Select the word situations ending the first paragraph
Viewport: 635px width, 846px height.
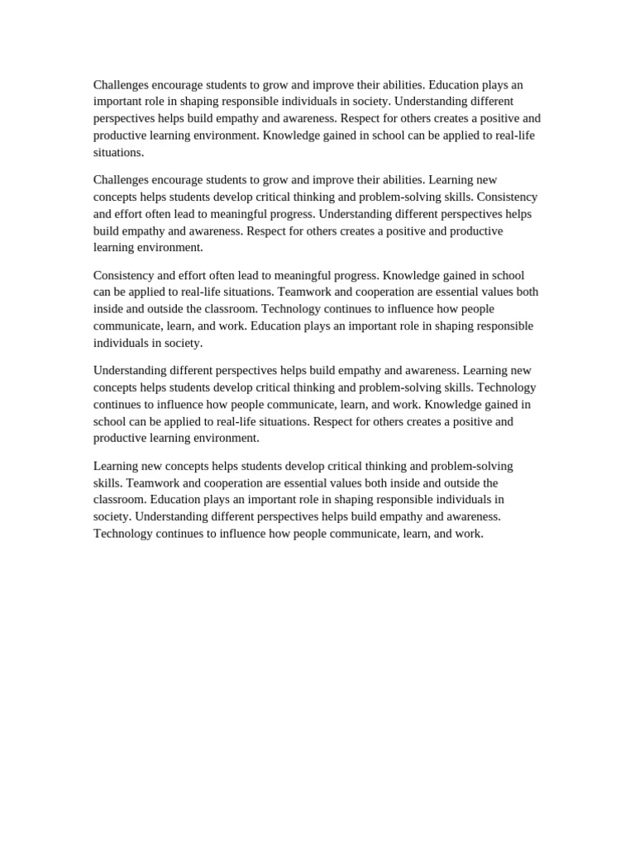pos(118,152)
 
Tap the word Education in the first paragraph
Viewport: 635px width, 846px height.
pos(455,84)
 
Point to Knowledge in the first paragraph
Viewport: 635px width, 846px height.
pos(291,135)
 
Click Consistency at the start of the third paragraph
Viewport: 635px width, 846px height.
pos(124,275)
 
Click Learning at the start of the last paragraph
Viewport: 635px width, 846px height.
pos(117,466)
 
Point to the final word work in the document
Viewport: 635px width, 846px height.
pos(467,534)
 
